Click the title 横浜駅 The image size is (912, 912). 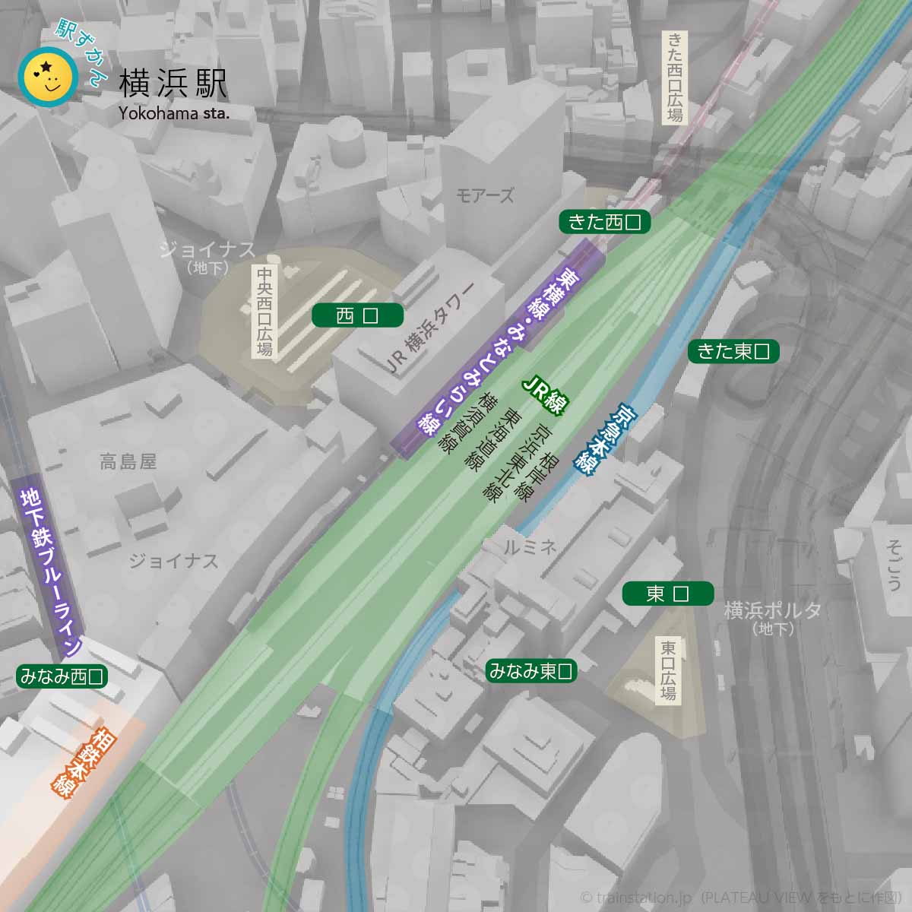173,84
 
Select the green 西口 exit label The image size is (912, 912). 357,315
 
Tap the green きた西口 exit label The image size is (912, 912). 605,222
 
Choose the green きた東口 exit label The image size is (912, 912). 733,351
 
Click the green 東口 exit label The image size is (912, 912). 667,594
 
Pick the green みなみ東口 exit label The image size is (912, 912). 530,671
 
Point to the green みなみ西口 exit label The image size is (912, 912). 62,676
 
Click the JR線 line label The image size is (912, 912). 546,394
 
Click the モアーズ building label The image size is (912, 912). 484,196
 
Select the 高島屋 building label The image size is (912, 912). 128,461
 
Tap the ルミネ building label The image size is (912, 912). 530,546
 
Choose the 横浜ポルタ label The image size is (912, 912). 772,610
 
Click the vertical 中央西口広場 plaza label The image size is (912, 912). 264,312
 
